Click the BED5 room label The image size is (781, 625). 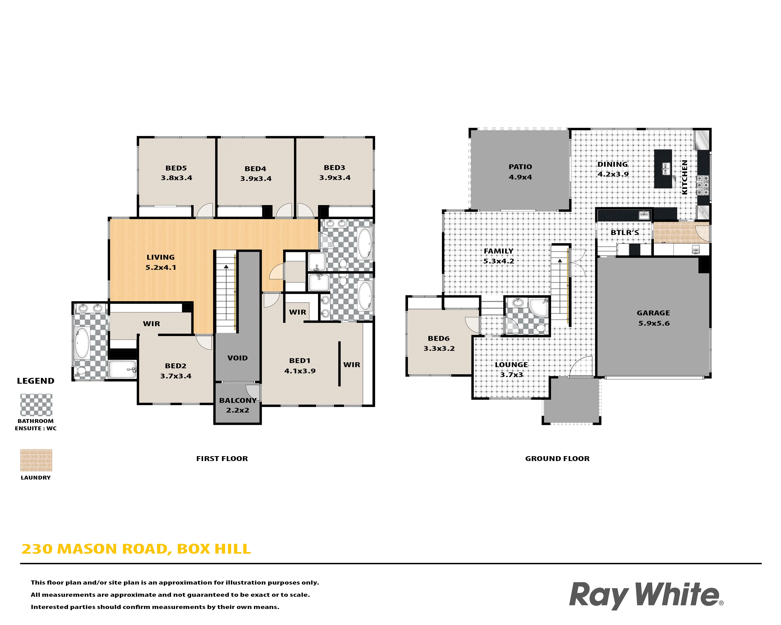tap(176, 168)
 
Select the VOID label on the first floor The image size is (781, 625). tap(237, 358)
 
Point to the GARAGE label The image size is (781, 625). tap(653, 313)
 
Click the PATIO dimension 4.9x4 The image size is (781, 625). tap(520, 177)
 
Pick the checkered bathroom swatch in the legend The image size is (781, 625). tap(36, 405)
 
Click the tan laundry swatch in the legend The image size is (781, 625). tap(36, 460)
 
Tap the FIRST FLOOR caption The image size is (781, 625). tap(222, 459)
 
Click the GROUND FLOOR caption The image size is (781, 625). tap(557, 459)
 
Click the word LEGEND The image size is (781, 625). tap(35, 381)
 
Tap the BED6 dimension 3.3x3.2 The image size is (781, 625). tap(439, 349)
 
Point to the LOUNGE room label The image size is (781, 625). tap(511, 365)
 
